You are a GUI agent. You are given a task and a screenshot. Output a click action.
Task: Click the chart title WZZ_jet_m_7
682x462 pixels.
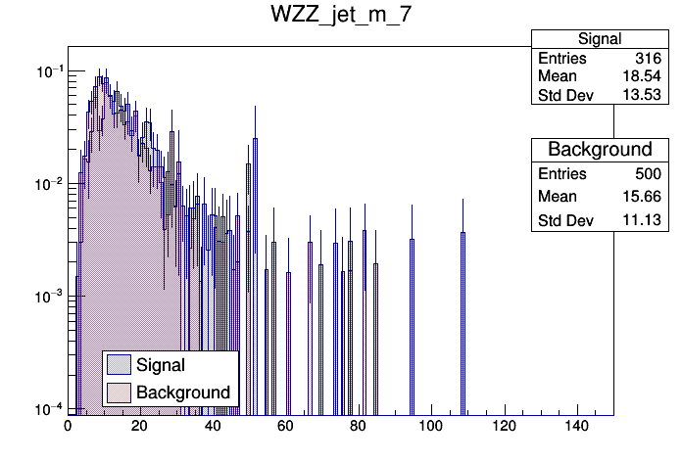tap(341, 17)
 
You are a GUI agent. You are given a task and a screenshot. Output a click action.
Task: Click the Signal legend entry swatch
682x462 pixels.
tap(119, 365)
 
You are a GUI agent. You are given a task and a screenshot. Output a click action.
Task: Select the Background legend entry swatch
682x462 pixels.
tap(119, 393)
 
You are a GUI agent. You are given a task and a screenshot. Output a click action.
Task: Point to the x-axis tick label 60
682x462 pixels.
tap(286, 427)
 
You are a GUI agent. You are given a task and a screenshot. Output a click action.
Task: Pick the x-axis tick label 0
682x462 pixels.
tap(68, 427)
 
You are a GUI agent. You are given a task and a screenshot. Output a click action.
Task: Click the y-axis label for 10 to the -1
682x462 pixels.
tap(47, 71)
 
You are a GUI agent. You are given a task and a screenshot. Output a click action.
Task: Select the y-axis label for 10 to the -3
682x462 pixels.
tap(47, 297)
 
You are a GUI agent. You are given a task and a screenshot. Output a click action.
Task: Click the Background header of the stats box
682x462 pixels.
tap(600, 150)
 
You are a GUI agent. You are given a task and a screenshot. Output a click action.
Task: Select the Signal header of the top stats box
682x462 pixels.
tap(600, 39)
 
